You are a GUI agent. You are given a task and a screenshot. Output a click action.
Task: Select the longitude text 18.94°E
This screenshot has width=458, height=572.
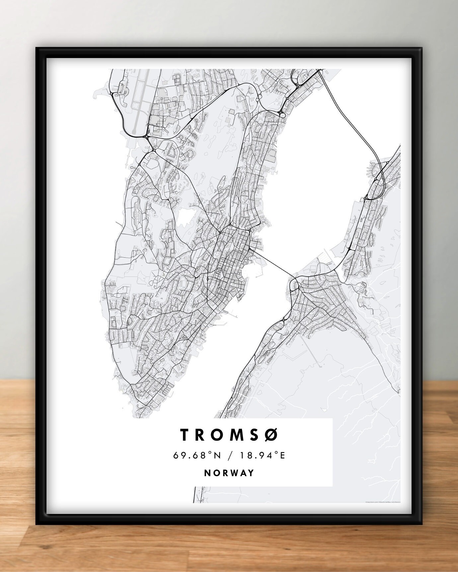point(264,455)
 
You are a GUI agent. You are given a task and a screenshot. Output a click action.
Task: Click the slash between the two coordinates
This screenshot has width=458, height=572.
point(229,455)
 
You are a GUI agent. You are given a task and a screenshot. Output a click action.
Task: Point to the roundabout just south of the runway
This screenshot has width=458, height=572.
point(146,136)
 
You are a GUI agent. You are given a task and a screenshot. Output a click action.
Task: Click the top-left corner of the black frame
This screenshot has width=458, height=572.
point(37,48)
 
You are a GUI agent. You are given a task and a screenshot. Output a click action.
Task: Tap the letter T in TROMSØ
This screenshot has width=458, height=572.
point(184,435)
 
